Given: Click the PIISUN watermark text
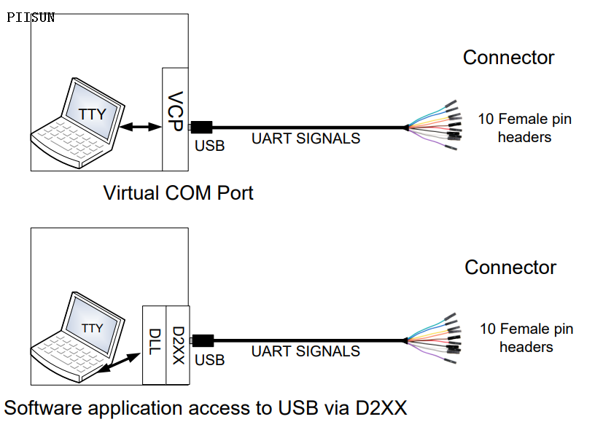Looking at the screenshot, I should pos(31,17).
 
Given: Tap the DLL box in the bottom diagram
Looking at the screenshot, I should pos(154,345).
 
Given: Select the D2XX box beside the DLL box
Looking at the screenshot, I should pos(177,345).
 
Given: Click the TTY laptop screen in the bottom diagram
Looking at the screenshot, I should pos(93,328).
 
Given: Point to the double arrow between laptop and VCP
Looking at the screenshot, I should pos(141,128).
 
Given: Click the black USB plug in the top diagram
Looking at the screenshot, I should pos(201,128).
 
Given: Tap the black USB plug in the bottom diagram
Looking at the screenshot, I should pos(202,340).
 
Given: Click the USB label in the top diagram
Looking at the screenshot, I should pos(210,146).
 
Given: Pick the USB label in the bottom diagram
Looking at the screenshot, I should pos(210,360).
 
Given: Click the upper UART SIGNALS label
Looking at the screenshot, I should pos(306,138).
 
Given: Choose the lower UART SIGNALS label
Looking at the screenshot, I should pos(306,351).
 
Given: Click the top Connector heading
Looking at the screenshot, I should pos(508,58).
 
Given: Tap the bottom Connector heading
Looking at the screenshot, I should pos(510,267).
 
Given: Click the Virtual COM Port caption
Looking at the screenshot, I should pos(178,193).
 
